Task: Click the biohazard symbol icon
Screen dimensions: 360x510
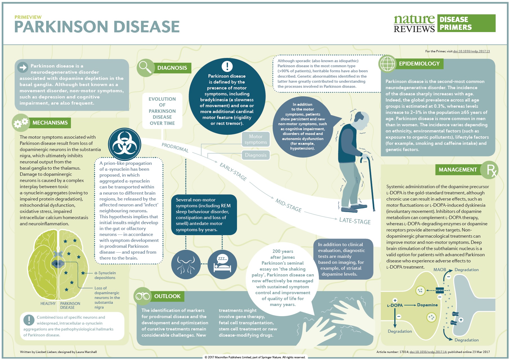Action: (124, 145)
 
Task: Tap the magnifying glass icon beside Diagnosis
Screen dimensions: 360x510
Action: (145, 67)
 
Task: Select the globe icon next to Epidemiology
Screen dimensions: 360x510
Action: (387, 64)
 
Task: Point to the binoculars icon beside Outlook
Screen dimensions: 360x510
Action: (143, 296)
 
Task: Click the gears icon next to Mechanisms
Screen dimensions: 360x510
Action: (21, 123)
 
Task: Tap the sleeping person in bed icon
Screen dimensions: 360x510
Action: (222, 264)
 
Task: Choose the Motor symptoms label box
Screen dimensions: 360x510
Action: (256, 139)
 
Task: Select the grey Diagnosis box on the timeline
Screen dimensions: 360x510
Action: (256, 155)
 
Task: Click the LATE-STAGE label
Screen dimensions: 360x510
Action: (355, 221)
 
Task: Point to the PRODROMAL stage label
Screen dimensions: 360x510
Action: (175, 147)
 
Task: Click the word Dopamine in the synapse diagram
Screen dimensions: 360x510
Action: (427, 305)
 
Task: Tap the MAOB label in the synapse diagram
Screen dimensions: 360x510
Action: (439, 269)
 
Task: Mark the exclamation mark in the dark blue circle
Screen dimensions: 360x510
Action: (227, 66)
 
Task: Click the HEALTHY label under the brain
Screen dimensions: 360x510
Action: (48, 303)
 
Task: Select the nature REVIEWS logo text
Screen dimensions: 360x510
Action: (414, 24)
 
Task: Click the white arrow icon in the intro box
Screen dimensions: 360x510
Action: (23, 67)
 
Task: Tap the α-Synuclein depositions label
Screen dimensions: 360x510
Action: (105, 275)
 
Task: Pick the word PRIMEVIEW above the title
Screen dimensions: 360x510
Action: (28, 17)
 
